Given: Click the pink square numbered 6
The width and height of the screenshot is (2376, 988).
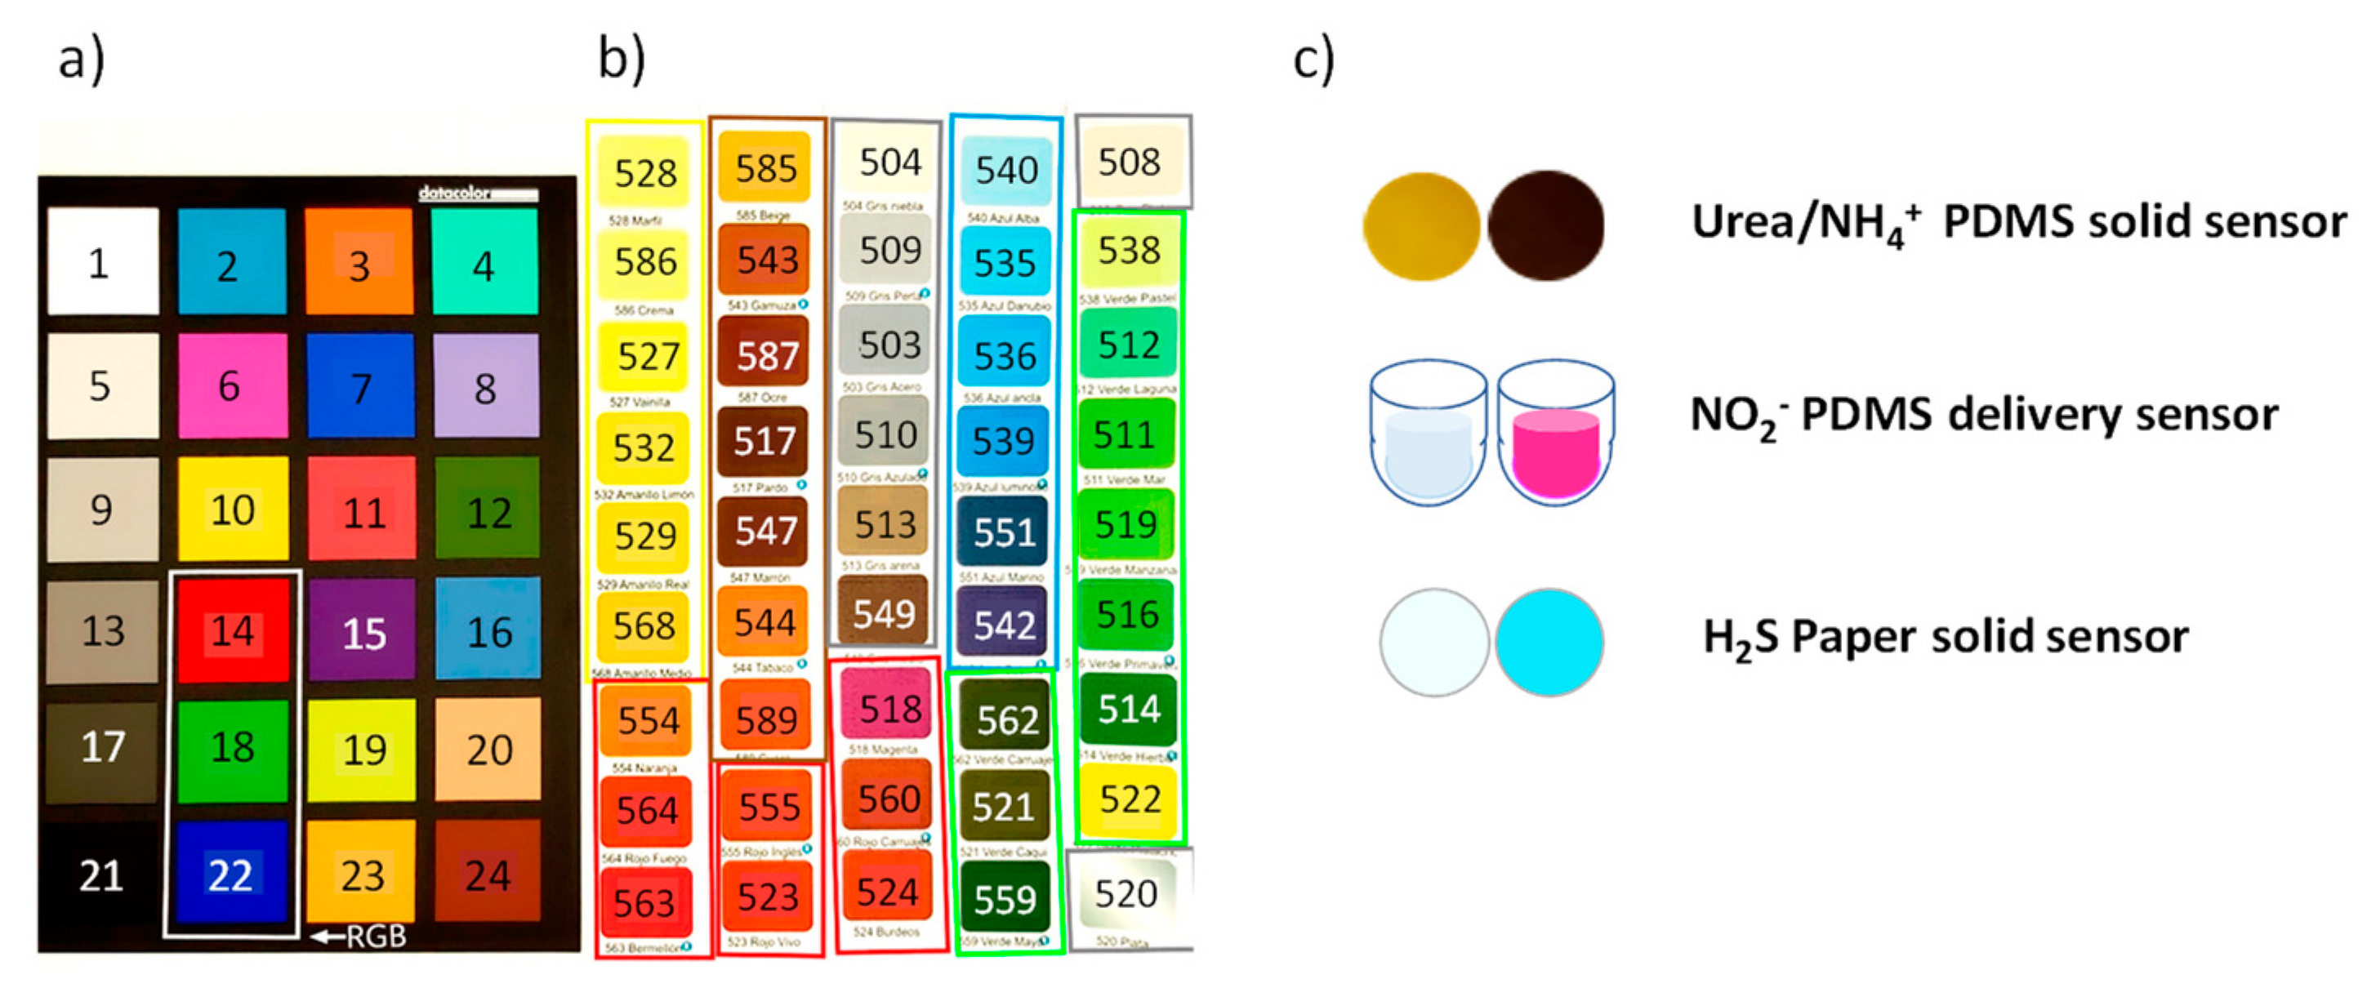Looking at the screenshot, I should coord(231,385).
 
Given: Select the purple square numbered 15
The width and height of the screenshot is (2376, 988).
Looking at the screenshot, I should coord(363,632).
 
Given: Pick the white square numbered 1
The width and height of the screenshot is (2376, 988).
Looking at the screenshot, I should coord(102,262).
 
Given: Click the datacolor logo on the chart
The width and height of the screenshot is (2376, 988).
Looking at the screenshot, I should coord(477,193).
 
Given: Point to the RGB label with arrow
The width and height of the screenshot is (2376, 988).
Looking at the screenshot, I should coord(362,937).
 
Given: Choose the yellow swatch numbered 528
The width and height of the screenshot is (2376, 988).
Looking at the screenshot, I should coord(644,172).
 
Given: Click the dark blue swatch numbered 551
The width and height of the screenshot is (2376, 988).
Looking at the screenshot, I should coord(1004,532).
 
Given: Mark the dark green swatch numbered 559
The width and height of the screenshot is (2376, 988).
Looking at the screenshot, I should coord(1005,897).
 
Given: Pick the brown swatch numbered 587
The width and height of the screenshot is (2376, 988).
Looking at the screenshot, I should coord(765,354).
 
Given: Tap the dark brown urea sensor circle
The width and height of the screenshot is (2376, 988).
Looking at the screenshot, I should coord(1546,225).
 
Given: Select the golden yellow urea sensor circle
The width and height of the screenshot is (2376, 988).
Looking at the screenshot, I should coord(1421,226).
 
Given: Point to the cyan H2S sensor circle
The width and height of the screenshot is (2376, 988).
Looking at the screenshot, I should coord(1549,641).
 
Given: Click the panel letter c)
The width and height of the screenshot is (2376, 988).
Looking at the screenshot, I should coord(1313,60).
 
